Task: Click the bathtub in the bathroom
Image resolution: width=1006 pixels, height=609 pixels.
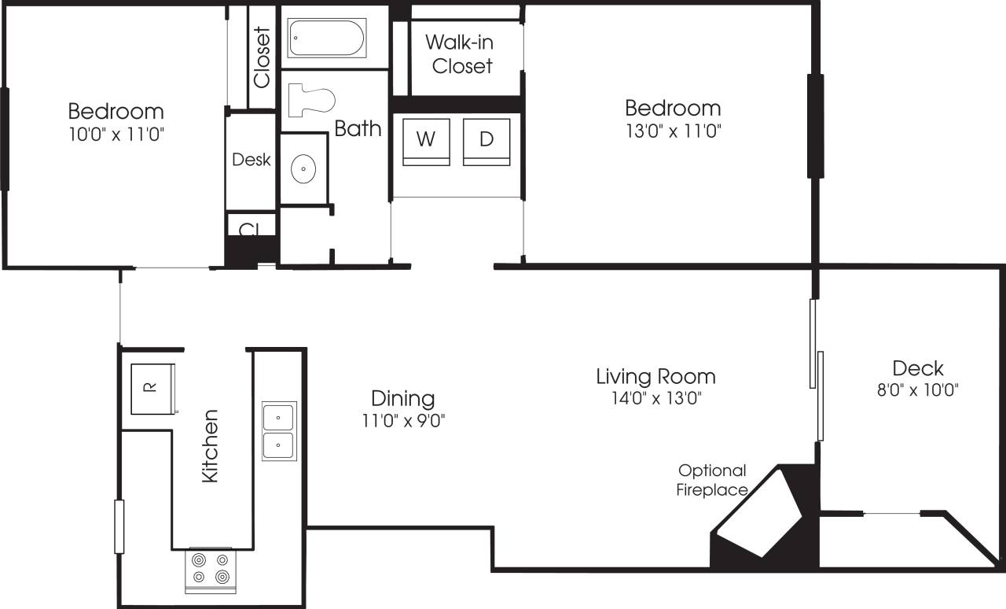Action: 326,39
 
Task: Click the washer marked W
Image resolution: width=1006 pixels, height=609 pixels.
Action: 426,141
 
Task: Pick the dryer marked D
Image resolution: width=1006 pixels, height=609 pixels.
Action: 486,141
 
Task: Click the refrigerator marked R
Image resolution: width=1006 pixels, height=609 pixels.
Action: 152,388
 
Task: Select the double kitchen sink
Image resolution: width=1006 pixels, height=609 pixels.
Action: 279,431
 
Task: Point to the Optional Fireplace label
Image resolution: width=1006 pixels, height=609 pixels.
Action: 713,480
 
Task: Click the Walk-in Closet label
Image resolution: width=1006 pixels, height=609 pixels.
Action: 462,54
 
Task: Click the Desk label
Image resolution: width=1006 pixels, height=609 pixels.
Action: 251,160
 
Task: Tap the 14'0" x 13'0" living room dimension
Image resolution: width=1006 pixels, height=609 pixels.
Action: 655,399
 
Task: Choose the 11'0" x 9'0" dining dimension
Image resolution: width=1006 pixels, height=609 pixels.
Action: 402,421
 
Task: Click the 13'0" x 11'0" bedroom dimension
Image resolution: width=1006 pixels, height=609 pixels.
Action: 672,131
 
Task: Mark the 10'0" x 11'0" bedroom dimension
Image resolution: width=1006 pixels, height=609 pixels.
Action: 116,134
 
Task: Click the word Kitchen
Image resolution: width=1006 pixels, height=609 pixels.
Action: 210,446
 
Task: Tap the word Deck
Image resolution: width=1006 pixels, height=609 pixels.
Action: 918,367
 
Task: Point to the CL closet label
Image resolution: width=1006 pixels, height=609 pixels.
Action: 249,229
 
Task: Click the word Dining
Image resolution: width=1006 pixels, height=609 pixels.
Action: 402,398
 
